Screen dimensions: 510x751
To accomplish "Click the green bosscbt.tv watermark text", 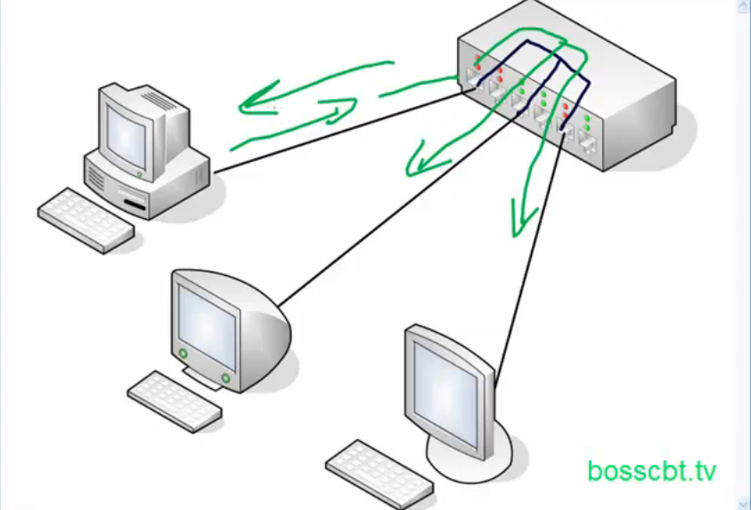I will (x=651, y=472).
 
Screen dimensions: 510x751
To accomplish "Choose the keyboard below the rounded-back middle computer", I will (x=174, y=400).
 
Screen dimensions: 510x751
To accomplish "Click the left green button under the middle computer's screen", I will (x=184, y=354).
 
